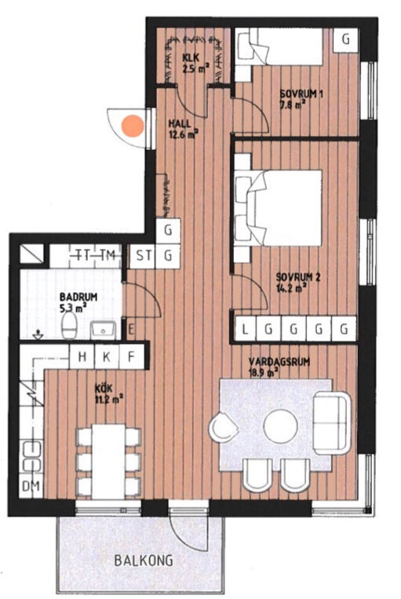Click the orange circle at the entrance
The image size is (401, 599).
coord(133,126)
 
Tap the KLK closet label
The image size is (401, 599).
coord(191,58)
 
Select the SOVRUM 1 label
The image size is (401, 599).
coord(301,94)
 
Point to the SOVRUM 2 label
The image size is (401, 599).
coord(298,276)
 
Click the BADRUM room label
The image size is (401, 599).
coord(78,297)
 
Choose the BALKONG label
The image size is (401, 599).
coord(144,561)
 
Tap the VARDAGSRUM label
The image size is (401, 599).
coord(279,362)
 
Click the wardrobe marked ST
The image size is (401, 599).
coord(143,256)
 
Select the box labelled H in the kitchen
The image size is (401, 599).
coord(82,356)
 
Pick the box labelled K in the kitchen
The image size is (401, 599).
coord(107,356)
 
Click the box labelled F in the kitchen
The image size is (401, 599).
coord(132,356)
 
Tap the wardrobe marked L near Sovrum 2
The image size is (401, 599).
coord(245,328)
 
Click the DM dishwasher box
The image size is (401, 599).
coord(31,487)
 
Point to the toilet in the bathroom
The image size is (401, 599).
coord(70,325)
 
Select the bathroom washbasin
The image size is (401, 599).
coord(103,330)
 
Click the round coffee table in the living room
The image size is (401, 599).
coord(281,426)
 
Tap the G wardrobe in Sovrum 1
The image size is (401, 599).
coord(345,40)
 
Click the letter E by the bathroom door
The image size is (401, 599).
coord(131,329)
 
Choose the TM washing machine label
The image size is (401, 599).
coord(108,255)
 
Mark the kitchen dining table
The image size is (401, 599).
coord(108,461)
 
